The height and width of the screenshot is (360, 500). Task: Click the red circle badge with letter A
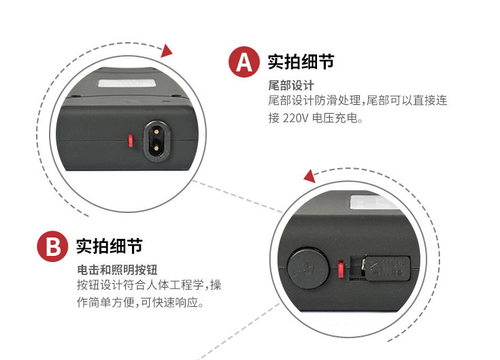(x=244, y=62)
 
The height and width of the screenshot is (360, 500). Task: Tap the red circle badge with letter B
(x=52, y=245)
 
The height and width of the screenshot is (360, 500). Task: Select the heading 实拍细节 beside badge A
(x=301, y=62)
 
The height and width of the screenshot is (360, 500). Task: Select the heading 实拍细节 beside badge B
(x=109, y=246)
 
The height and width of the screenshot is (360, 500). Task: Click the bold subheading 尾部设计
(x=291, y=86)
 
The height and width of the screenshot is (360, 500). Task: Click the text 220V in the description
(x=295, y=118)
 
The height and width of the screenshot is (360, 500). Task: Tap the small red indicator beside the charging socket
(x=129, y=141)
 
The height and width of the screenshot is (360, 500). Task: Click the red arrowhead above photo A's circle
(x=166, y=50)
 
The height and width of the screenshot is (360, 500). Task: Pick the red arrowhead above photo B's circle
(x=310, y=177)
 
